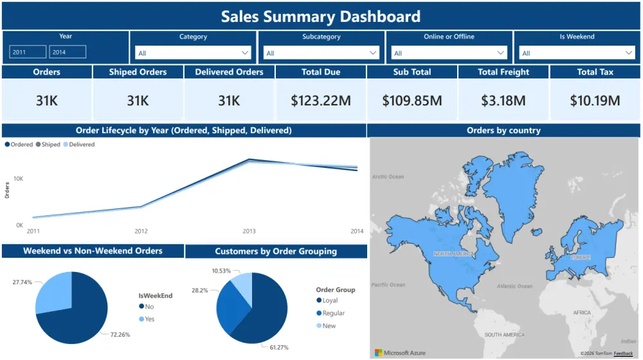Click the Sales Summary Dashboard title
pos(321,16)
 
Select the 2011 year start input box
pos(28,52)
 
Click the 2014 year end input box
pos(68,52)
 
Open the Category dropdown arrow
pos(245,53)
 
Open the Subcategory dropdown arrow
pos(374,53)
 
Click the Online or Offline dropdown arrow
pos(502,53)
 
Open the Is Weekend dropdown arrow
pos(629,53)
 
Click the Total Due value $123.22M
pos(321,100)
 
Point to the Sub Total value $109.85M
pos(412,100)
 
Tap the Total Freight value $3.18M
pos(503,100)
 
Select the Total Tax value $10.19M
pos(595,100)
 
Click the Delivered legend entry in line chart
pos(81,145)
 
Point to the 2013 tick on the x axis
pos(249,231)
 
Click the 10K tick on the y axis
pos(19,177)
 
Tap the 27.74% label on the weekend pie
pos(22,282)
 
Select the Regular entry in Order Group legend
pos(333,313)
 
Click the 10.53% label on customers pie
pos(222,271)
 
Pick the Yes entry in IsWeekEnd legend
pos(149,319)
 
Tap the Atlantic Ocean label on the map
pos(514,286)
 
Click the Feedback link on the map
pos(623,354)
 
